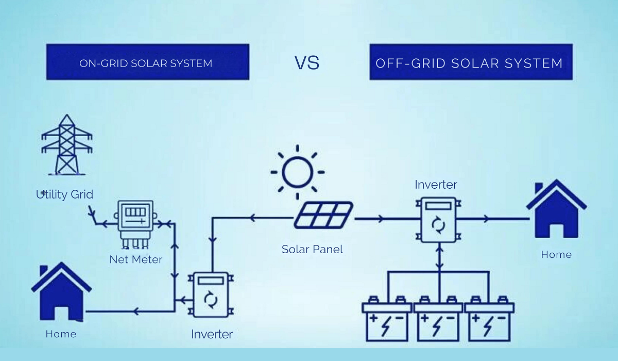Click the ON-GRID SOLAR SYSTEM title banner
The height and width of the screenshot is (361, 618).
pos(148,62)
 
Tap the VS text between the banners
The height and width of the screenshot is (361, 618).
pos(307,63)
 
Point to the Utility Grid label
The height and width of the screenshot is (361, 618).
pos(65,195)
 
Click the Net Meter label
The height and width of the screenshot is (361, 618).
pos(136,259)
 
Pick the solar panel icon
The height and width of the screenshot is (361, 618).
pos(324,214)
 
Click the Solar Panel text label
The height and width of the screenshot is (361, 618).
pos(312,250)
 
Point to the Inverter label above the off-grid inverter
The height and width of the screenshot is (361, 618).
pos(436,184)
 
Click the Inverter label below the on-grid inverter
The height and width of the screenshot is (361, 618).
pos(212,334)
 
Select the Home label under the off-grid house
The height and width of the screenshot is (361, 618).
pos(556,255)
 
